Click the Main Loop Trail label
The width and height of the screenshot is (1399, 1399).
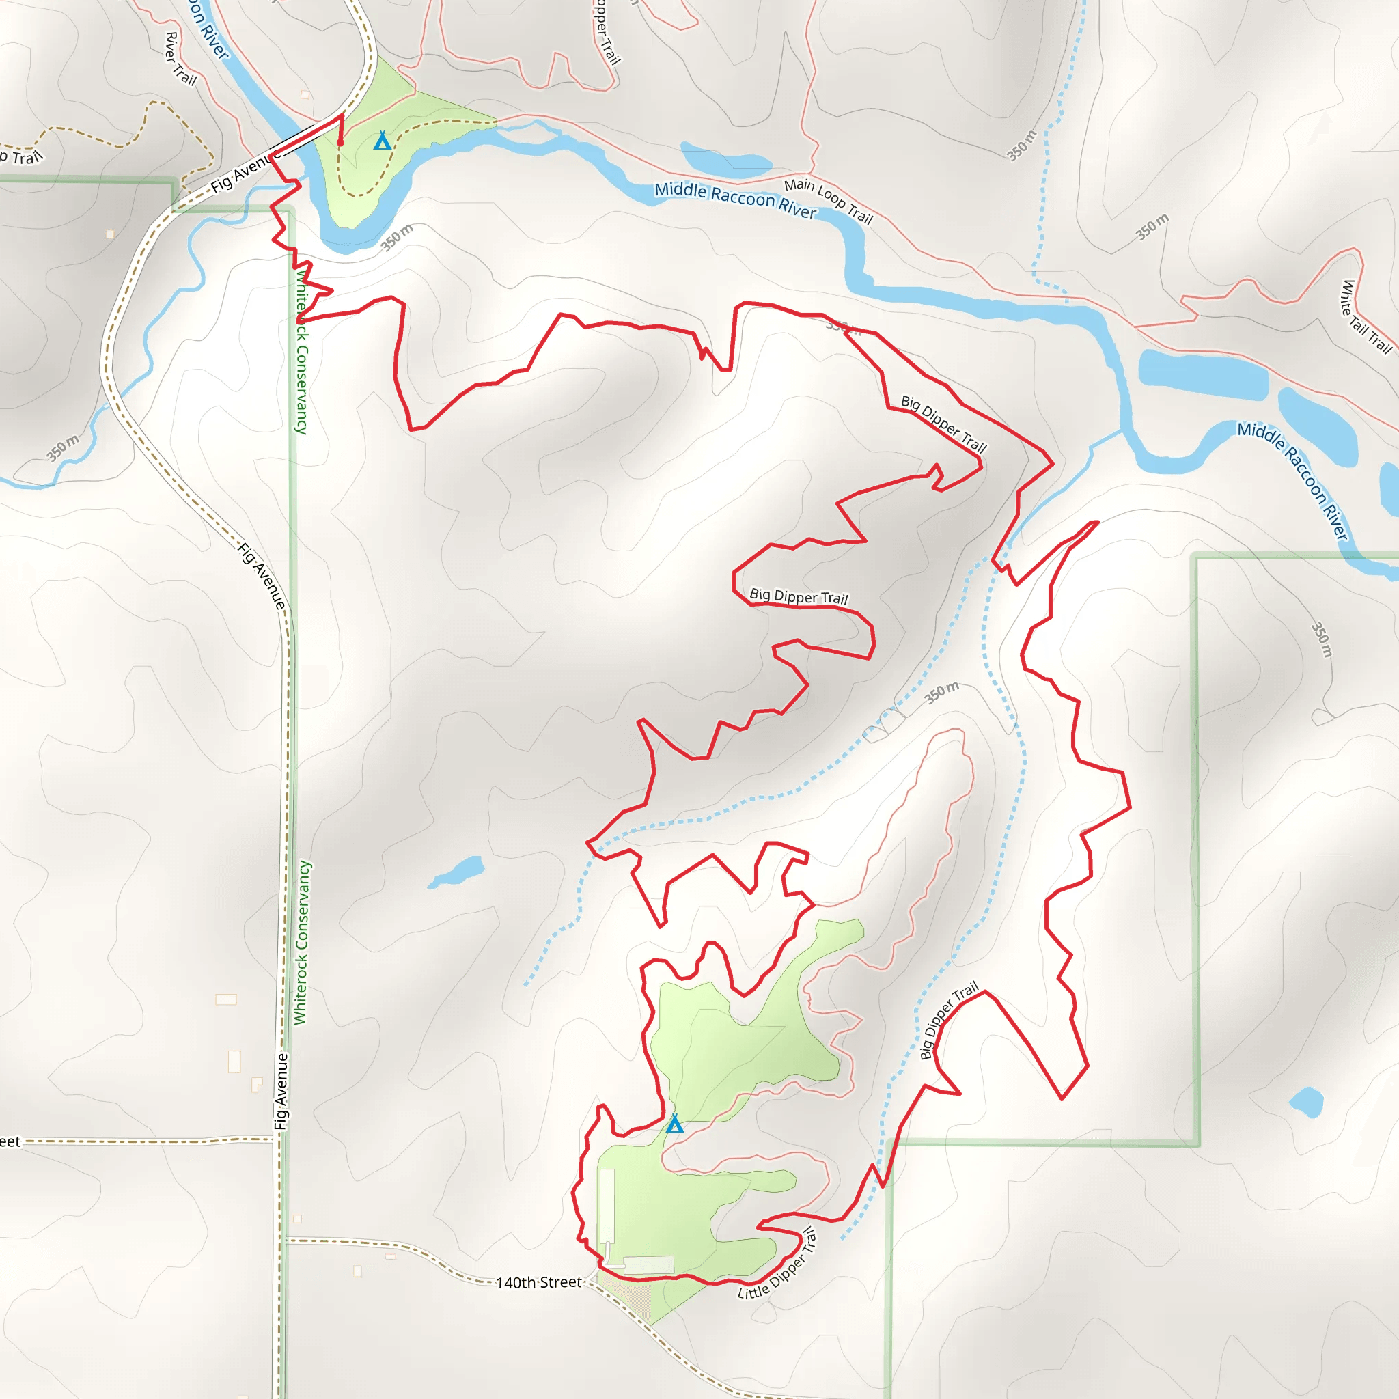(x=829, y=201)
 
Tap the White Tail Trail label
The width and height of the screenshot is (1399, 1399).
(x=1366, y=316)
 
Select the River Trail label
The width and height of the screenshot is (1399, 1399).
(x=181, y=59)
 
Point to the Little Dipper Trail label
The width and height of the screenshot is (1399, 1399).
(x=777, y=1264)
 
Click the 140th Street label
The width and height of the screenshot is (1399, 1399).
(x=539, y=1282)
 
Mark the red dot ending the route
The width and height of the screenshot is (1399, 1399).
(x=340, y=143)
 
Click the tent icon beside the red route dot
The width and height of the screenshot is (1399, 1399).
(x=383, y=141)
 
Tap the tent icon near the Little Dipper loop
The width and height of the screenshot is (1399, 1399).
(x=674, y=1124)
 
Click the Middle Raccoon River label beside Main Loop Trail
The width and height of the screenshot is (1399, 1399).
(x=735, y=200)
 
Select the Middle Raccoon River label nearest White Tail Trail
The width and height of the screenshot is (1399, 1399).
(x=1293, y=480)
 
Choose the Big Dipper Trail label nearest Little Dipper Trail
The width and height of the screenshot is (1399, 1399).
(x=948, y=1021)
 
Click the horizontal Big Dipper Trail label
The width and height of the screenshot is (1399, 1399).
(x=798, y=596)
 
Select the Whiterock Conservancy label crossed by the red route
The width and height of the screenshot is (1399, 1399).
(x=301, y=352)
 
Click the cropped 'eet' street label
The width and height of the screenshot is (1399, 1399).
(x=10, y=1142)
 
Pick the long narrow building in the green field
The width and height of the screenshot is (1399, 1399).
(x=607, y=1206)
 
